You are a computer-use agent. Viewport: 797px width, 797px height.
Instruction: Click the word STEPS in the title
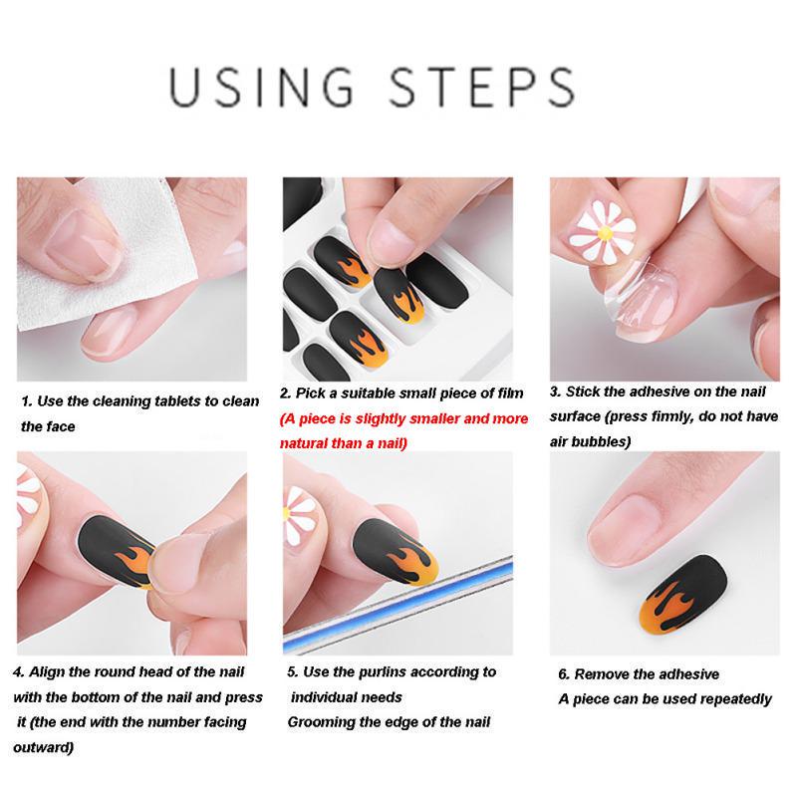482,87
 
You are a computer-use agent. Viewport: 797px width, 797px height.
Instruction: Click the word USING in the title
261,87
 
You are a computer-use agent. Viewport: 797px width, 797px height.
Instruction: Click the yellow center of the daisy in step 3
605,233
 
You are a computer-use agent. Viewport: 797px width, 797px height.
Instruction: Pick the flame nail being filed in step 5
395,553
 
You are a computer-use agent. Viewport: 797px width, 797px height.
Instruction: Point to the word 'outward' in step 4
43,748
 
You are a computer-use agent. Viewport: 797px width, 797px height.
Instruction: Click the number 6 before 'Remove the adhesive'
563,674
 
